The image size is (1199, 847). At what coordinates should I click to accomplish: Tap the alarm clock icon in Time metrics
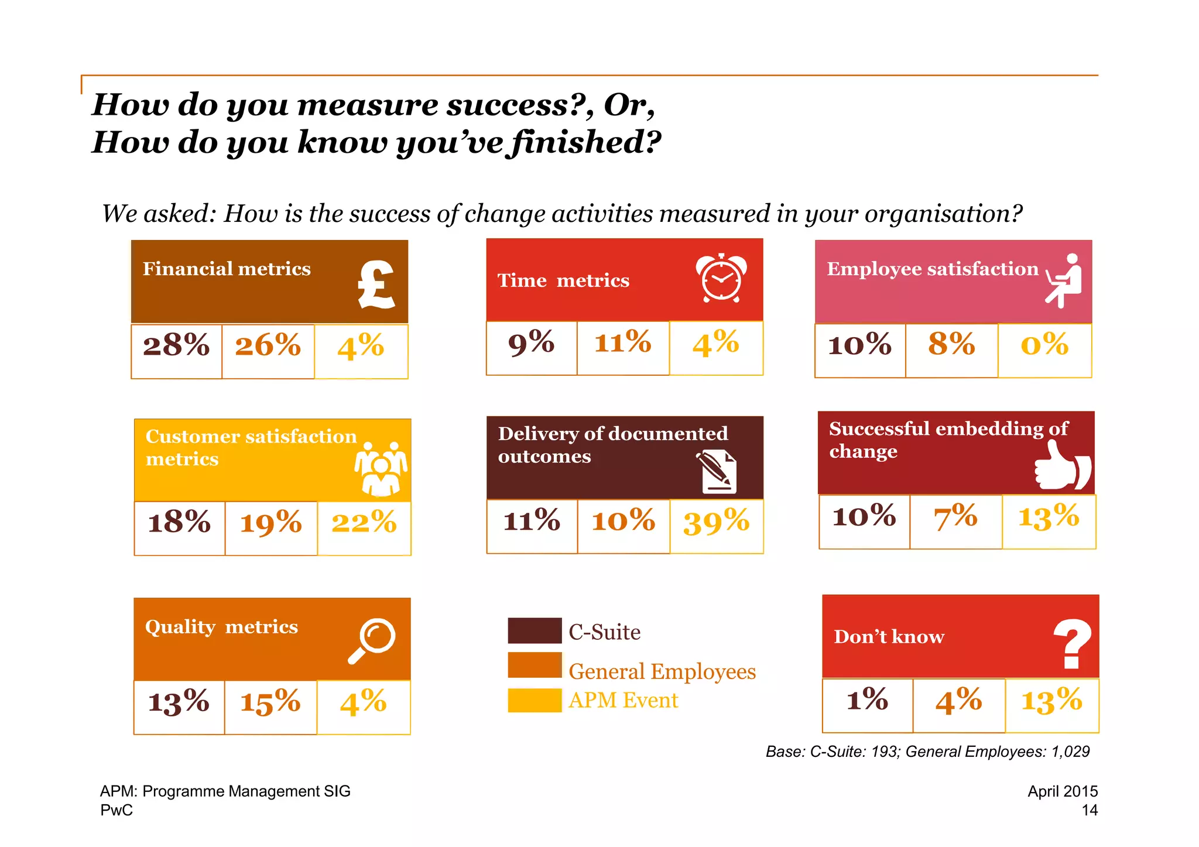coord(721,278)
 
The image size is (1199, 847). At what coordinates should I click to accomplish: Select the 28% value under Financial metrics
coord(176,345)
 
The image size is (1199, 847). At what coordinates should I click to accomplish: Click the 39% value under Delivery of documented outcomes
coord(716,522)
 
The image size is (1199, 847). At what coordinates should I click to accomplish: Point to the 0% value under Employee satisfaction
coord(1044,345)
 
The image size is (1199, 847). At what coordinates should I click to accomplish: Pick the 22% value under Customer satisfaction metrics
coord(364,522)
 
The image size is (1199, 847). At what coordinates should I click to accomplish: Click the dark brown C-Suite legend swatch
coord(535,630)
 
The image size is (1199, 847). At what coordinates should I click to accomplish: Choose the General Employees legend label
coord(662,671)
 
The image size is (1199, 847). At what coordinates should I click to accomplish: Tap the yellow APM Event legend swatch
coord(535,700)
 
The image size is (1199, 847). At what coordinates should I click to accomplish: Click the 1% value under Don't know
coord(867,699)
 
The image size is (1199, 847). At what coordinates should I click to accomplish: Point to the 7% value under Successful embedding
coord(955,517)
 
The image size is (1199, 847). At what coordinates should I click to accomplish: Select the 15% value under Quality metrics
coord(270,702)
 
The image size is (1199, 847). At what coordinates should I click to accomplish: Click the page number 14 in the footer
coord(1089,810)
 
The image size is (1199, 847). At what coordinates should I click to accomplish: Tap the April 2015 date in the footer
coord(1062,791)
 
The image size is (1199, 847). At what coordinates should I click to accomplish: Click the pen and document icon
coord(717,472)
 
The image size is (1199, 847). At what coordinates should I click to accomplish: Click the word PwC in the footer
coord(117,810)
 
